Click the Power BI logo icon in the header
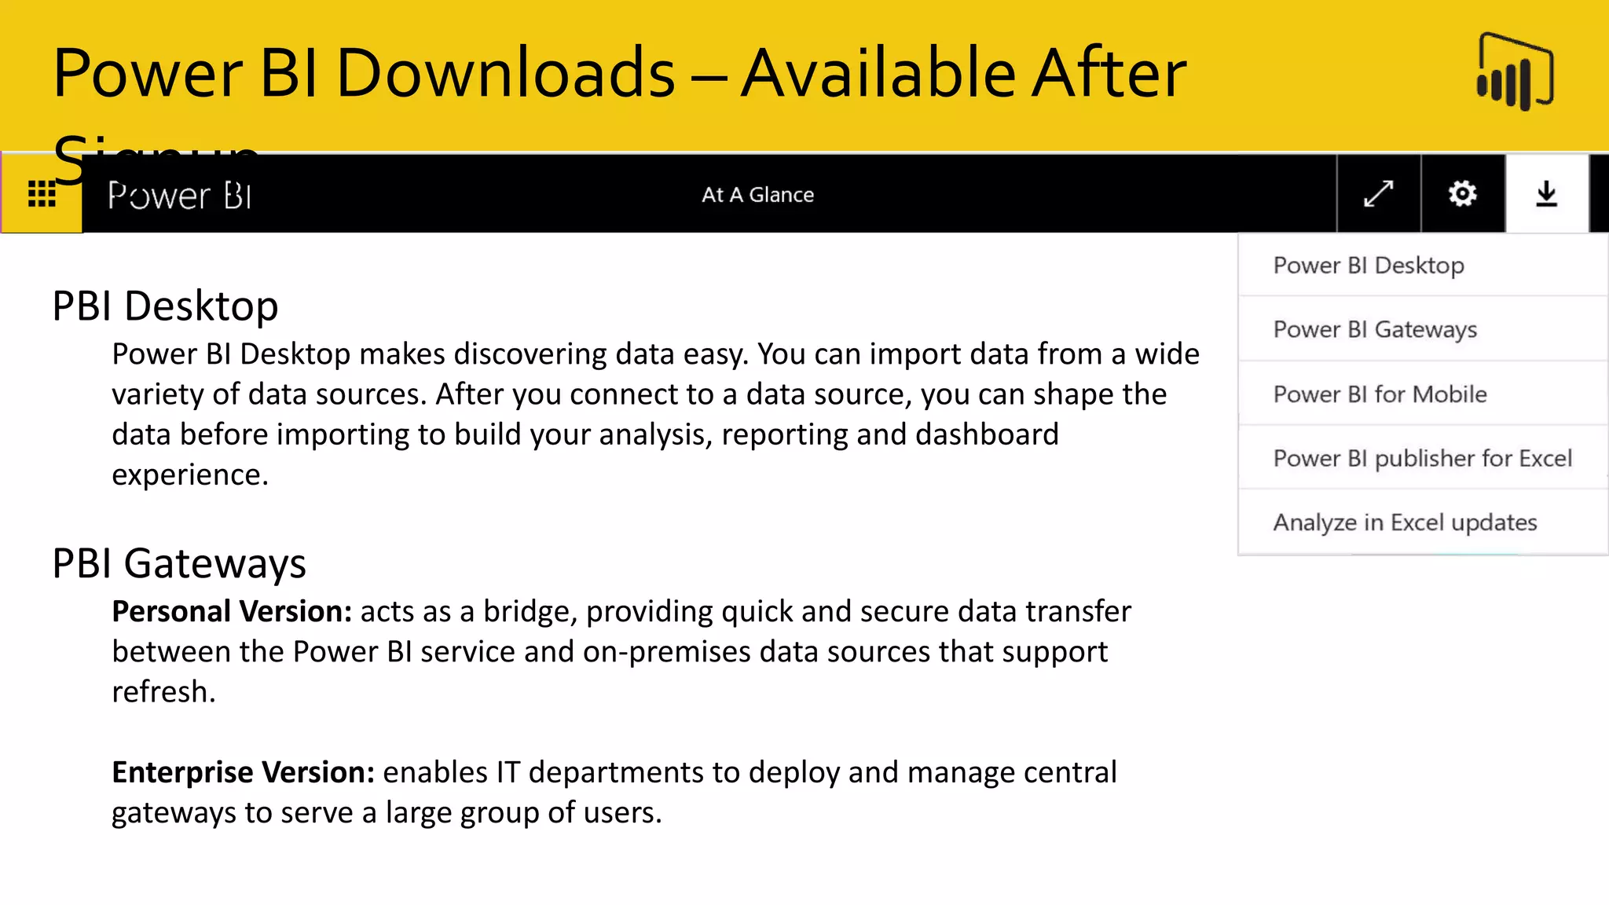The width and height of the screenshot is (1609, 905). point(1516,71)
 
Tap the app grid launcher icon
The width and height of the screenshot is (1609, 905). point(42,194)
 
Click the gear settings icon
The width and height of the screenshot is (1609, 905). point(1463,193)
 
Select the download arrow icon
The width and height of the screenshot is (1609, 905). point(1546,193)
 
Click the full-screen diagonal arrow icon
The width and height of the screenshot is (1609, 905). point(1379,193)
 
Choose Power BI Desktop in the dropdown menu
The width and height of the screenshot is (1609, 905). point(1369,266)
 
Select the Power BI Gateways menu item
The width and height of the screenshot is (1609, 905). point(1375,330)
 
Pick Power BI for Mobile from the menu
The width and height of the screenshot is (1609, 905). point(1380,394)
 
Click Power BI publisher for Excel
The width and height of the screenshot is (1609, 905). point(1422,459)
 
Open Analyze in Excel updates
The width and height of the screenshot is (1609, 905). point(1405,523)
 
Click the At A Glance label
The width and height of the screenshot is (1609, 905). point(757,195)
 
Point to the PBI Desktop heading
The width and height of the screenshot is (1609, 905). point(165,306)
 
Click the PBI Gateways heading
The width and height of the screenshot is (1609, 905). point(179,563)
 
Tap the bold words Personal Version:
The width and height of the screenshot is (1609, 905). point(232,611)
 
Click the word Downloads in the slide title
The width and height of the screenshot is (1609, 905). point(505,73)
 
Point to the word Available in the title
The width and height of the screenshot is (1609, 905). point(878,73)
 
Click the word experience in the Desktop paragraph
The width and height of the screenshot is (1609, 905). point(189,474)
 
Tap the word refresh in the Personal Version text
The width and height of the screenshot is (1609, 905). point(162,692)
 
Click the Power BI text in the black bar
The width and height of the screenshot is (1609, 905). point(180,195)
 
